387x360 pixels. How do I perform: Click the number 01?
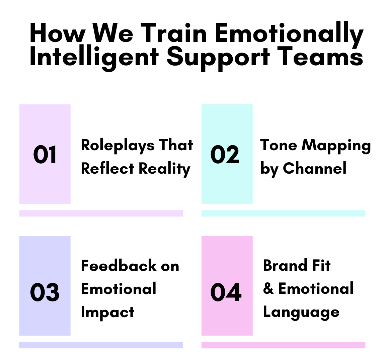45,155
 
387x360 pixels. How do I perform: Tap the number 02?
225,155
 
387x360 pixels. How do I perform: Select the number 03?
45,292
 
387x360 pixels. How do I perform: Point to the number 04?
226,292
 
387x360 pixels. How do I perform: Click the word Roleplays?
118,146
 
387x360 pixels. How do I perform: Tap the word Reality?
164,169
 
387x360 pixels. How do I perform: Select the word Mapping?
336,146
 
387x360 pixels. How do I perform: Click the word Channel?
315,169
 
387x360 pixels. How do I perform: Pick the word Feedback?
119,266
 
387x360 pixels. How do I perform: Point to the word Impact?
107,312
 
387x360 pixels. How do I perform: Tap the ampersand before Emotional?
268,288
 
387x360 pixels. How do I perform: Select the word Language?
301,312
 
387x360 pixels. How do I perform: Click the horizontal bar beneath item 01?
101,213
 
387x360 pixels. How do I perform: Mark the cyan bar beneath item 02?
283,213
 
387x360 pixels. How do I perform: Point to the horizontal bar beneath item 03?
101,345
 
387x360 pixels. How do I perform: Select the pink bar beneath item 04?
283,345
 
